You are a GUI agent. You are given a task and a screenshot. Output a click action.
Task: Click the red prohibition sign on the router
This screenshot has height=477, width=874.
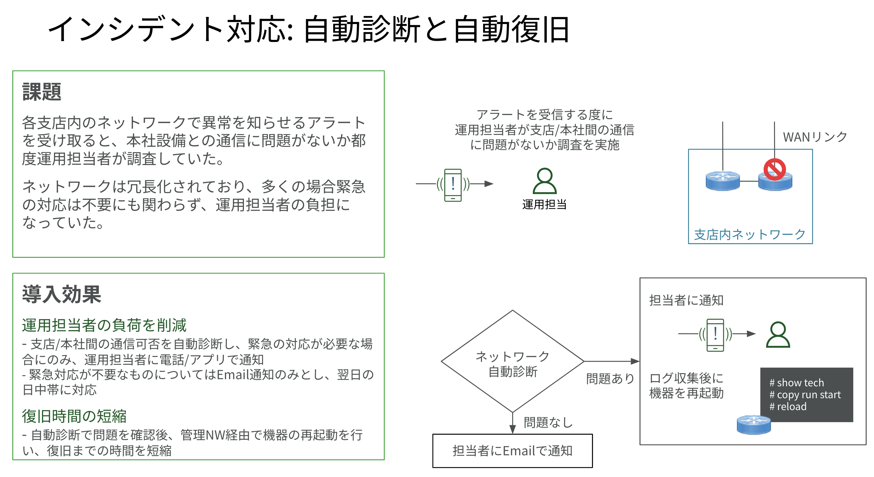coord(775,169)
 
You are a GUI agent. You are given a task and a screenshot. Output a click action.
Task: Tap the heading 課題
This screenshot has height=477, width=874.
coord(42,92)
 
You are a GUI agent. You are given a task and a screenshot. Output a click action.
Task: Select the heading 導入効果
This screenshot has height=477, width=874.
coord(61,294)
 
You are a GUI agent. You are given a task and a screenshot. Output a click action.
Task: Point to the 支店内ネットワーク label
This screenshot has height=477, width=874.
coord(750,234)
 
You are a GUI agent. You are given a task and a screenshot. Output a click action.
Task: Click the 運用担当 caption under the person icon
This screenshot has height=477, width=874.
coord(544,204)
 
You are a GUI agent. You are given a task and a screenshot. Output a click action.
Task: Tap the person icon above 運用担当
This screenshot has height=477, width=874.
coord(545,181)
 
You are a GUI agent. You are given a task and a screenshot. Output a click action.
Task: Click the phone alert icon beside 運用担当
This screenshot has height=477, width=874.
coord(453,185)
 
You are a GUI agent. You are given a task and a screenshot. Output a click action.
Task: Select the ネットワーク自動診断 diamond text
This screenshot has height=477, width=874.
coord(513,364)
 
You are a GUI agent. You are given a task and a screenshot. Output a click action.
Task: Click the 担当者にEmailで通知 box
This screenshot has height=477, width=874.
coord(513,451)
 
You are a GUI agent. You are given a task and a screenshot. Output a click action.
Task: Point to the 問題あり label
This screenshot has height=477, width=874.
coord(610,378)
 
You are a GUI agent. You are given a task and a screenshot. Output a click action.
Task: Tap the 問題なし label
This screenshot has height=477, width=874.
coord(548,422)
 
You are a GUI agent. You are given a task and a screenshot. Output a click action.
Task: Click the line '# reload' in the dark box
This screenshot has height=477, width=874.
coord(788,407)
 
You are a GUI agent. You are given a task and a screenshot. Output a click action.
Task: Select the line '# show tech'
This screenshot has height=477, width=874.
coord(796,383)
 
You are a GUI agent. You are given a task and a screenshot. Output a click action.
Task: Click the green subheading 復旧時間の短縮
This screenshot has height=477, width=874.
coord(74,416)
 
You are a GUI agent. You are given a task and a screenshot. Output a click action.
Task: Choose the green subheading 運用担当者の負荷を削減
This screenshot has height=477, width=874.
coord(104,325)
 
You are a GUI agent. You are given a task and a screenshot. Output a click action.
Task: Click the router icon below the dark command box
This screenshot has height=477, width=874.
coord(754,425)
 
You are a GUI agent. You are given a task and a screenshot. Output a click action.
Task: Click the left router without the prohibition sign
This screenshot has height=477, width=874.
coord(723,181)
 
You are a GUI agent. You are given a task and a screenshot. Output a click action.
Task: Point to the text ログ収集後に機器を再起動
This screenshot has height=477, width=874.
coord(686,385)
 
